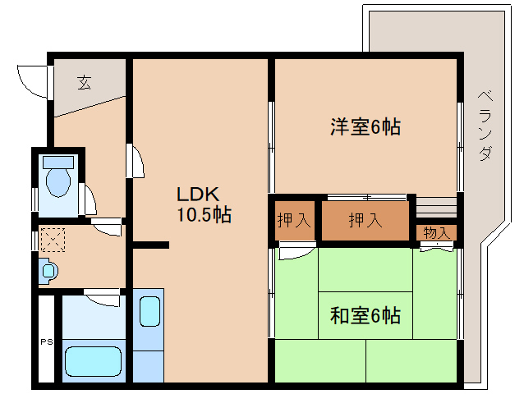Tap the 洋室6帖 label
click(365, 127)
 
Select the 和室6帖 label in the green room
click(365, 315)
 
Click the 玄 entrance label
click(84, 81)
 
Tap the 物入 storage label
click(435, 232)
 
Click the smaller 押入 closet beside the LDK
click(293, 220)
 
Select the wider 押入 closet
click(365, 220)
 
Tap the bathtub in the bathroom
click(93, 359)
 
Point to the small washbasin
click(48, 270)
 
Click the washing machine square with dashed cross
click(53, 241)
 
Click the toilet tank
click(58, 161)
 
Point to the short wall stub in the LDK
click(151, 245)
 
